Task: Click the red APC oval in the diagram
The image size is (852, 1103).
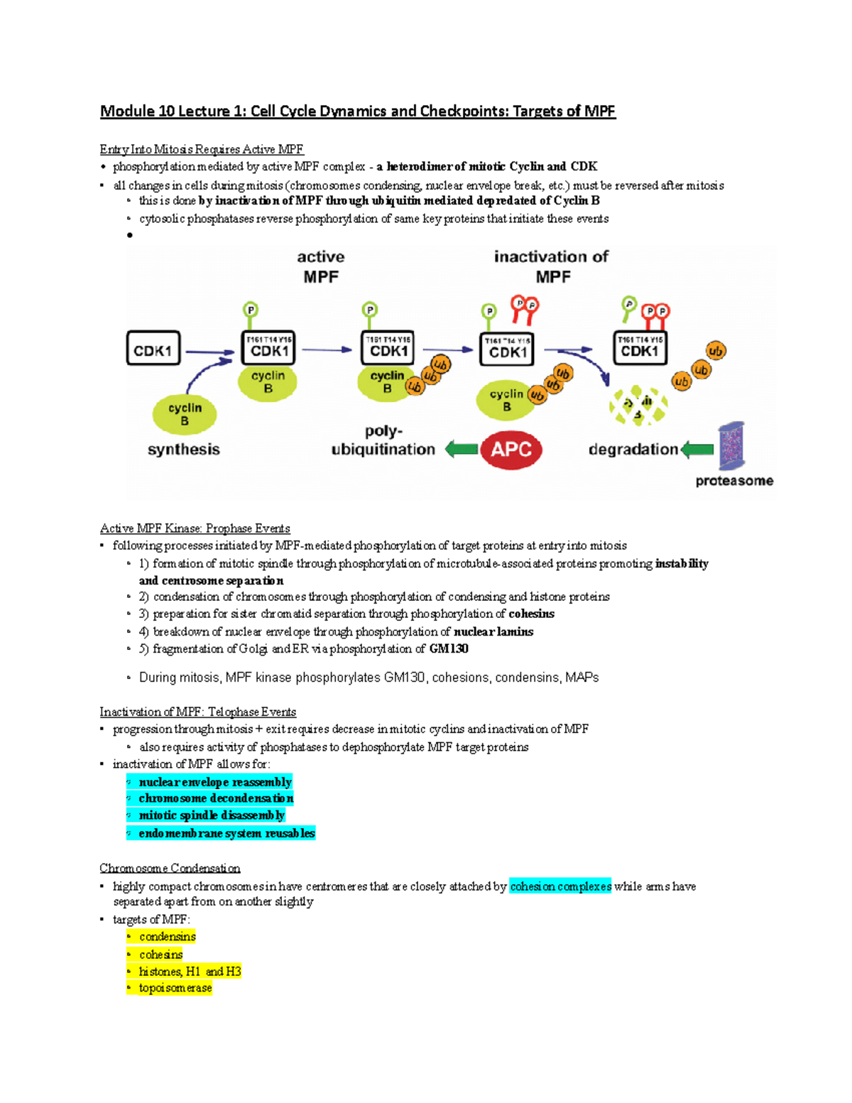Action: (x=511, y=450)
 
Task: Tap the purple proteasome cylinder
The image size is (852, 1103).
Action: (x=731, y=446)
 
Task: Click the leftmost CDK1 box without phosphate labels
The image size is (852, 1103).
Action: (x=153, y=348)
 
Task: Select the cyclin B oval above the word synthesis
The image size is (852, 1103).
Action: (x=185, y=414)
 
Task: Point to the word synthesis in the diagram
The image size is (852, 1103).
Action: (x=183, y=450)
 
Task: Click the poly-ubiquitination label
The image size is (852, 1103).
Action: (x=383, y=440)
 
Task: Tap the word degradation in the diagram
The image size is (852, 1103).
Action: (x=633, y=450)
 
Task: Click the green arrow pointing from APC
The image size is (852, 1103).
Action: (x=461, y=449)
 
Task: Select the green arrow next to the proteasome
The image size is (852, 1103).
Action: (x=697, y=449)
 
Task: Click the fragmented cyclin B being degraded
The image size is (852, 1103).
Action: (x=638, y=406)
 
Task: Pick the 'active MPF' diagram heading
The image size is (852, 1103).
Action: (x=321, y=266)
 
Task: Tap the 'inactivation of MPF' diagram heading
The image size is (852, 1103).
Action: (x=551, y=266)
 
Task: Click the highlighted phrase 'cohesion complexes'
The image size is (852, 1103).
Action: (x=560, y=886)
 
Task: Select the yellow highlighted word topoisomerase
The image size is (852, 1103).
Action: (x=175, y=988)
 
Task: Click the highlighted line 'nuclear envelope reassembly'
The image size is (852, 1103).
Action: (x=215, y=782)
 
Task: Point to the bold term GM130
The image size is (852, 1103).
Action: (x=449, y=648)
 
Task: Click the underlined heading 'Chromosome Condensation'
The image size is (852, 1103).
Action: (x=170, y=868)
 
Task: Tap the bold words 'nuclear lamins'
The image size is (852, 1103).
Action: (x=493, y=631)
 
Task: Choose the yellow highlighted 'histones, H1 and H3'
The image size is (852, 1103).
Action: (x=190, y=971)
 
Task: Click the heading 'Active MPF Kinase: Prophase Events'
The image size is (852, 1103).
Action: (x=195, y=528)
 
